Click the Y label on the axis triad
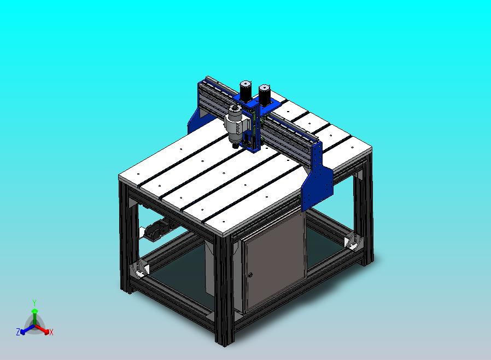coord(34,303)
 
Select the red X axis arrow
coord(43,329)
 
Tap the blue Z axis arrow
coord(25,329)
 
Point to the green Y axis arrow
coord(34,315)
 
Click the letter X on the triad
coord(51,332)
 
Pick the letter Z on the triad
coord(17,332)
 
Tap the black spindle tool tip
coord(235,146)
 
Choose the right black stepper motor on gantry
coord(265,94)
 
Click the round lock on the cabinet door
coord(250,275)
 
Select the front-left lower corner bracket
coord(141,269)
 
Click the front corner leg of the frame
coord(224,290)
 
